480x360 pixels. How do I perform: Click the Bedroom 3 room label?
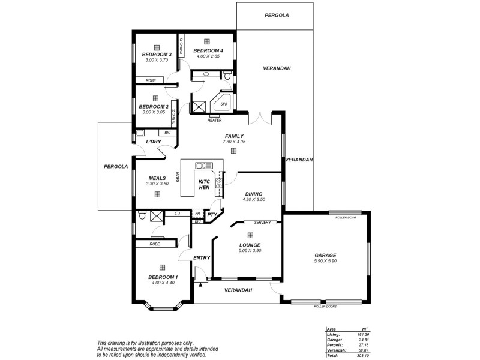point(157,55)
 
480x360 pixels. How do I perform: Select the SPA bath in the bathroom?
point(224,104)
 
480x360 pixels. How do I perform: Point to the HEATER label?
point(214,120)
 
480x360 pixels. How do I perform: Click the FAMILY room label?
point(233,136)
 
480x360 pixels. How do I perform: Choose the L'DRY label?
point(154,142)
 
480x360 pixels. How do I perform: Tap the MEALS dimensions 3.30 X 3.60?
point(157,184)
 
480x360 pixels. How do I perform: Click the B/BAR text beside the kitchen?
point(178,178)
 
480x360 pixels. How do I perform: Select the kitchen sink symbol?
point(200,166)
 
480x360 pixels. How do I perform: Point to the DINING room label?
point(253,194)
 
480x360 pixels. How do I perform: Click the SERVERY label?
point(262,223)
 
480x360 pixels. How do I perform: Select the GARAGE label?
point(325,254)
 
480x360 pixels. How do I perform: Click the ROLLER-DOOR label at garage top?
point(347,217)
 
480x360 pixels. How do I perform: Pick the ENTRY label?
point(201,258)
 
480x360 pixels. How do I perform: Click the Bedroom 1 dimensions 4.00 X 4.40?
point(161,283)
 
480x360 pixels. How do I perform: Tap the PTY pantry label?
point(212,214)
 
